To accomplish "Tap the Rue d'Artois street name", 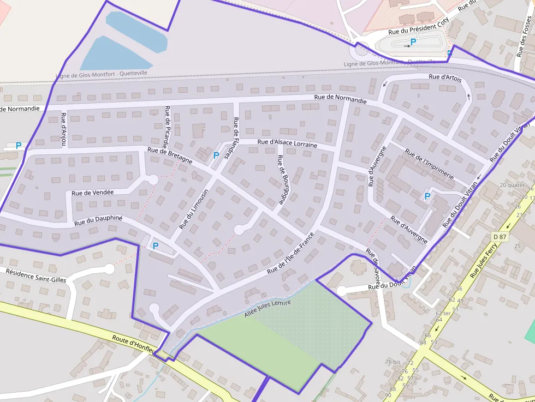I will (x=445, y=77).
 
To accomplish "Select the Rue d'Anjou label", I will (x=64, y=129).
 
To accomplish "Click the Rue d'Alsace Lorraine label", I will (x=287, y=143).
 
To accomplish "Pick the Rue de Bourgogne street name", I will (x=282, y=179).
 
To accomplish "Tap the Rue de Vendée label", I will (x=92, y=193).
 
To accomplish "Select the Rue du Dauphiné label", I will (x=98, y=221).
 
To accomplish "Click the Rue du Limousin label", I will (x=194, y=209).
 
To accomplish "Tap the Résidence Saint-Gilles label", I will (x=35, y=275).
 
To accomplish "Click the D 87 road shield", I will (x=500, y=237).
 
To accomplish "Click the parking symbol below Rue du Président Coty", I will (x=413, y=41).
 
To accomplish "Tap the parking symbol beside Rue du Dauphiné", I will (x=156, y=245).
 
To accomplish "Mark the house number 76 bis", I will (x=393, y=362).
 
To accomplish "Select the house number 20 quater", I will (x=512, y=185).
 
